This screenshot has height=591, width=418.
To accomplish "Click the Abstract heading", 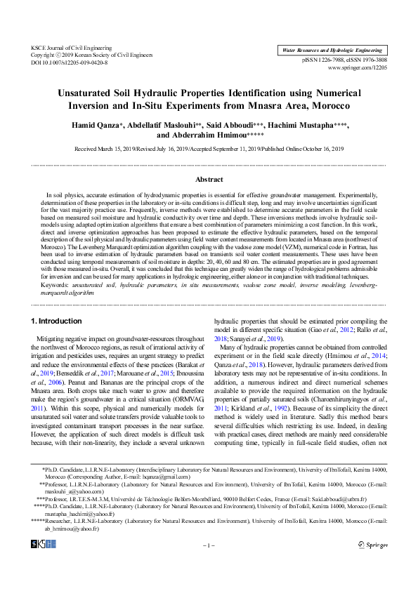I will point(209,180).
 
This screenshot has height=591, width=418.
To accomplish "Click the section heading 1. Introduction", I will point(57,321).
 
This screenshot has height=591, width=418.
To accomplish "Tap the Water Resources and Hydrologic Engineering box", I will point(332,51).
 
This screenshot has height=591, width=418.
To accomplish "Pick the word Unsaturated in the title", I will point(91,93).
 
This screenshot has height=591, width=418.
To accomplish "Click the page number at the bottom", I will point(209,565).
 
